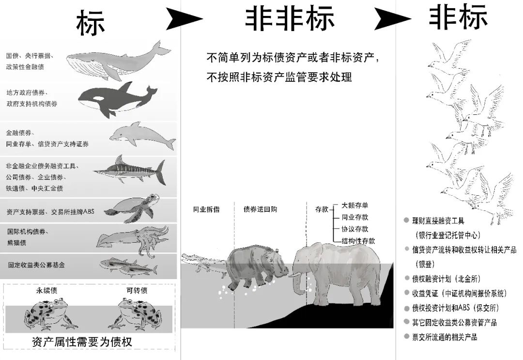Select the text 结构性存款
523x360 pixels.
[358, 241]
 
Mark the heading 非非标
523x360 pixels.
[289, 19]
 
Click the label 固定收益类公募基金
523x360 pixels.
[36, 265]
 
